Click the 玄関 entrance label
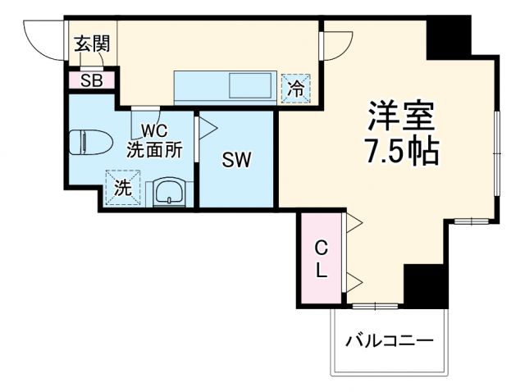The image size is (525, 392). [x=92, y=44]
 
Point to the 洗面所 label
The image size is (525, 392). [x=153, y=150]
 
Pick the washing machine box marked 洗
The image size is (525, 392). [x=122, y=186]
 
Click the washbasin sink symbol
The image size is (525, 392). [x=171, y=193]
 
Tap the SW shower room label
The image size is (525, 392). [x=236, y=159]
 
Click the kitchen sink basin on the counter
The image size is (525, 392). [x=249, y=85]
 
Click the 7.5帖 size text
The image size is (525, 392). [x=399, y=151]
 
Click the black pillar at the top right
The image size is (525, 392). [x=450, y=36]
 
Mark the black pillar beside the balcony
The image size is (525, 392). [x=427, y=286]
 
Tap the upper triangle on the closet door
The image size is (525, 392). [x=355, y=222]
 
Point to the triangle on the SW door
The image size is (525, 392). [x=206, y=127]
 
